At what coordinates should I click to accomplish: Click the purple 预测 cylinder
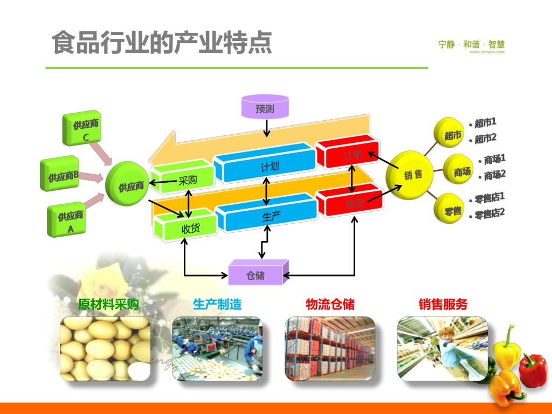point(265,107)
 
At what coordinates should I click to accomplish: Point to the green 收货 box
point(186,226)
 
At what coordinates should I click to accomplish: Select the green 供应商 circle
point(128,184)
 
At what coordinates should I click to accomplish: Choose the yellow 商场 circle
point(459,171)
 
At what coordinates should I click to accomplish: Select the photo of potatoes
point(105,348)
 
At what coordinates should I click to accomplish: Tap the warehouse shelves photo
point(330,348)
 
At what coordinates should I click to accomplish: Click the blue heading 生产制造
point(217,305)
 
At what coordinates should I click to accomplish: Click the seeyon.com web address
point(487,52)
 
